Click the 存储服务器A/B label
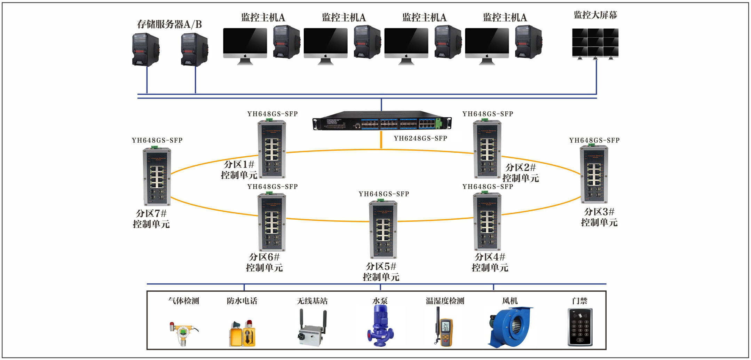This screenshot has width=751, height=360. pos(169,24)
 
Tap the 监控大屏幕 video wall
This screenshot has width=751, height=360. pos(595,43)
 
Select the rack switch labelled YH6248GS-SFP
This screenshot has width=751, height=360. pos(382,120)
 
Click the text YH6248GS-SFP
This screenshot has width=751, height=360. pos(420,138)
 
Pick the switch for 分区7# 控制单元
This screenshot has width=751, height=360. pos(157,177)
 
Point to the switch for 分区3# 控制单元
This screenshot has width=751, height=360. pos(594,174)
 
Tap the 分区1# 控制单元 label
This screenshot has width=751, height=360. pos(239,170)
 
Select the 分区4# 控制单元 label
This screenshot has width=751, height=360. pos(490,262)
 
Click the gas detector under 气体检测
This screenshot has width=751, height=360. pos(183,333)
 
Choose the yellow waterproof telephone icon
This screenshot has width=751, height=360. pos(243,334)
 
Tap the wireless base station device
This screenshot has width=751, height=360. pos(312,329)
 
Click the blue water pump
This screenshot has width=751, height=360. pos(380,326)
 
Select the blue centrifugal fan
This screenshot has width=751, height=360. pos(511,327)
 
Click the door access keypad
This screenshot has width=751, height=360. pos(580,327)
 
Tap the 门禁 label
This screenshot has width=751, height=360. pos(579,301)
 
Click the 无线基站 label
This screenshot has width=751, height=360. pos(312,301)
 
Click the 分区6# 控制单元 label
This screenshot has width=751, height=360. pos(264,262)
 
